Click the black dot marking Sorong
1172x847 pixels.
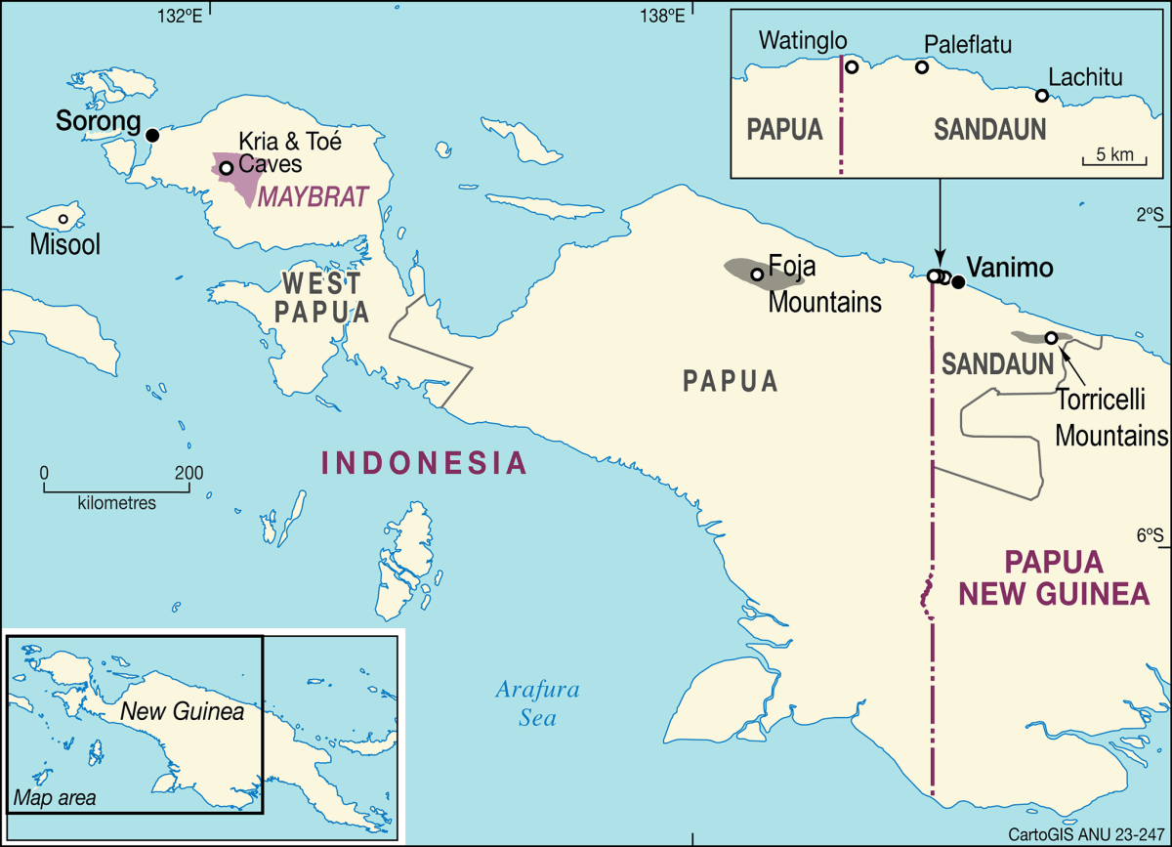pyautogui.click(x=152, y=135)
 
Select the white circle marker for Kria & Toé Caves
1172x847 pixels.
pyautogui.click(x=226, y=168)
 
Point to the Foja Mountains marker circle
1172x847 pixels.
pyautogui.click(x=757, y=275)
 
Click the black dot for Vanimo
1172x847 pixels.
pyautogui.click(x=958, y=282)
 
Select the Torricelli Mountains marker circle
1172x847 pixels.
pyautogui.click(x=1051, y=338)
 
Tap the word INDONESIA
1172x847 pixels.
pyautogui.click(x=425, y=462)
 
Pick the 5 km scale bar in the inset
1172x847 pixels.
pyautogui.click(x=1113, y=160)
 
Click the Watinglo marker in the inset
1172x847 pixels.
pyautogui.click(x=852, y=67)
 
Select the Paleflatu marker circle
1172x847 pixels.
pyautogui.click(x=921, y=67)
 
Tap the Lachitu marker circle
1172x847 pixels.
pyautogui.click(x=1042, y=96)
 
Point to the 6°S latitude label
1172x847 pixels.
pyautogui.click(x=1150, y=534)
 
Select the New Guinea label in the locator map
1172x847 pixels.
pyautogui.click(x=182, y=712)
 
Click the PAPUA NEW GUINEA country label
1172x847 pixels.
pyautogui.click(x=1054, y=577)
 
